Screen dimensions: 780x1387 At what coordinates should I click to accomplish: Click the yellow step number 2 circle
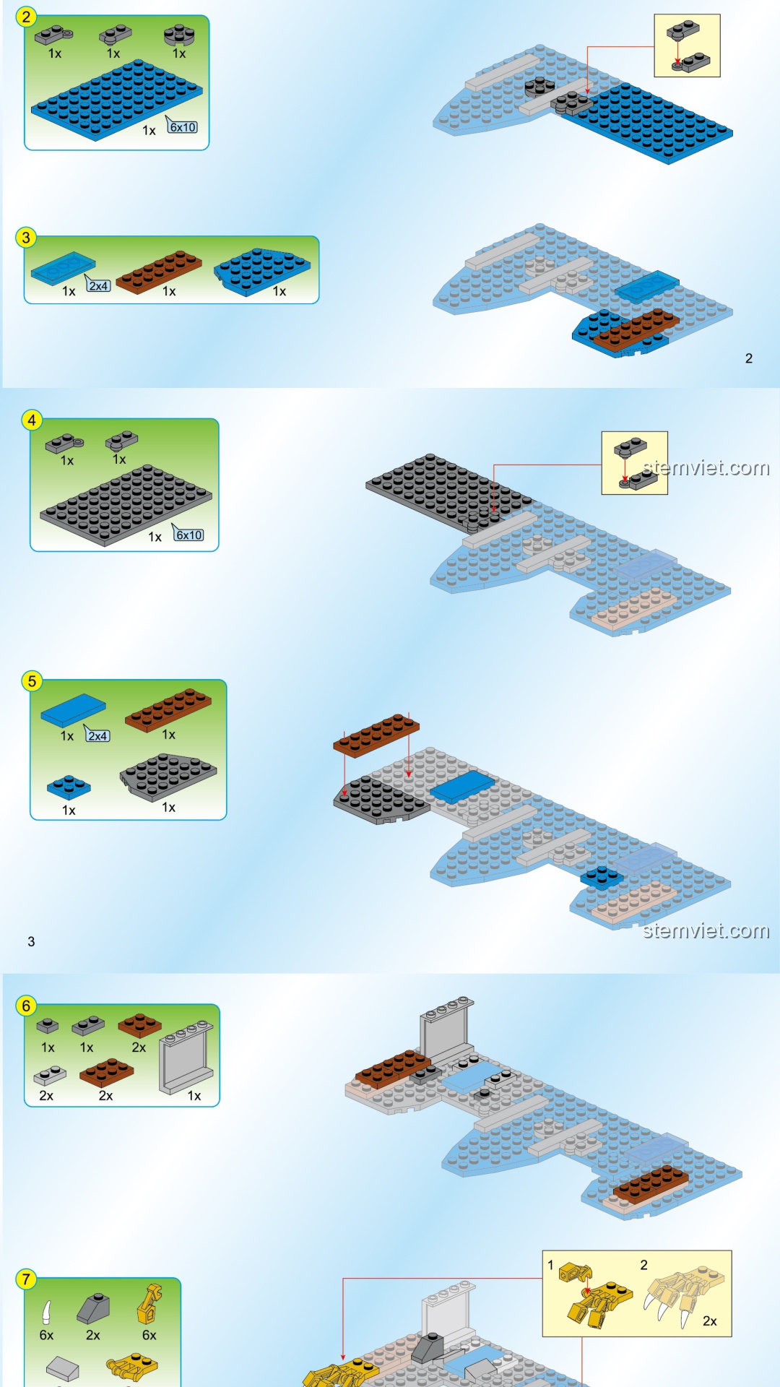(x=26, y=17)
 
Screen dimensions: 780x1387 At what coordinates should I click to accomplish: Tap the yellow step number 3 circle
(x=26, y=238)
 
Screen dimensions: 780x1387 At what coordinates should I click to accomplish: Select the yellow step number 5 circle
(x=32, y=681)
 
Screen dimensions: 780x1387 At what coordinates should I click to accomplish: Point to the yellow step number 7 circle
(x=26, y=1279)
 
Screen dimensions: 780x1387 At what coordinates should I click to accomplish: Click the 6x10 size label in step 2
(x=183, y=127)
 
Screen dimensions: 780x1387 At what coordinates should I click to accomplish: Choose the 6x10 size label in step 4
(x=188, y=535)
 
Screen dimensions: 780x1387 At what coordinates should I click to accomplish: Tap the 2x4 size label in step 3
(x=98, y=285)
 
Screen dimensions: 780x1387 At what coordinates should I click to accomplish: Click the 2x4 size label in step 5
(x=97, y=735)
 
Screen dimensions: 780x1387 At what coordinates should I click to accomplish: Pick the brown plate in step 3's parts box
(x=159, y=272)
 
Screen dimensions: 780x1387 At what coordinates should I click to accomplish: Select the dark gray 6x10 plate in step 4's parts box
(x=126, y=505)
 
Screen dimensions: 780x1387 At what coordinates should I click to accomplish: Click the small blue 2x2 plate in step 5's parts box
(x=69, y=787)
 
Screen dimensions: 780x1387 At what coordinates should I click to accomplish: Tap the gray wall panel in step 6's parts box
(x=186, y=1057)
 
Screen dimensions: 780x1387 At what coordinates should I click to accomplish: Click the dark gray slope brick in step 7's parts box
(x=94, y=1308)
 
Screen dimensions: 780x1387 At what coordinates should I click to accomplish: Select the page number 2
(x=749, y=358)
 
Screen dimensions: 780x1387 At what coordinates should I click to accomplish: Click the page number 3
(x=31, y=941)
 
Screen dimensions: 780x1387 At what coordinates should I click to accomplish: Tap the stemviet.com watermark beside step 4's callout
(x=706, y=468)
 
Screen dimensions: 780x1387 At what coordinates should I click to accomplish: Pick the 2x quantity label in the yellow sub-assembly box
(x=710, y=1321)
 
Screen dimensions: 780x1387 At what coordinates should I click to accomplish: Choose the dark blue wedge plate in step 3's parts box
(x=262, y=272)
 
